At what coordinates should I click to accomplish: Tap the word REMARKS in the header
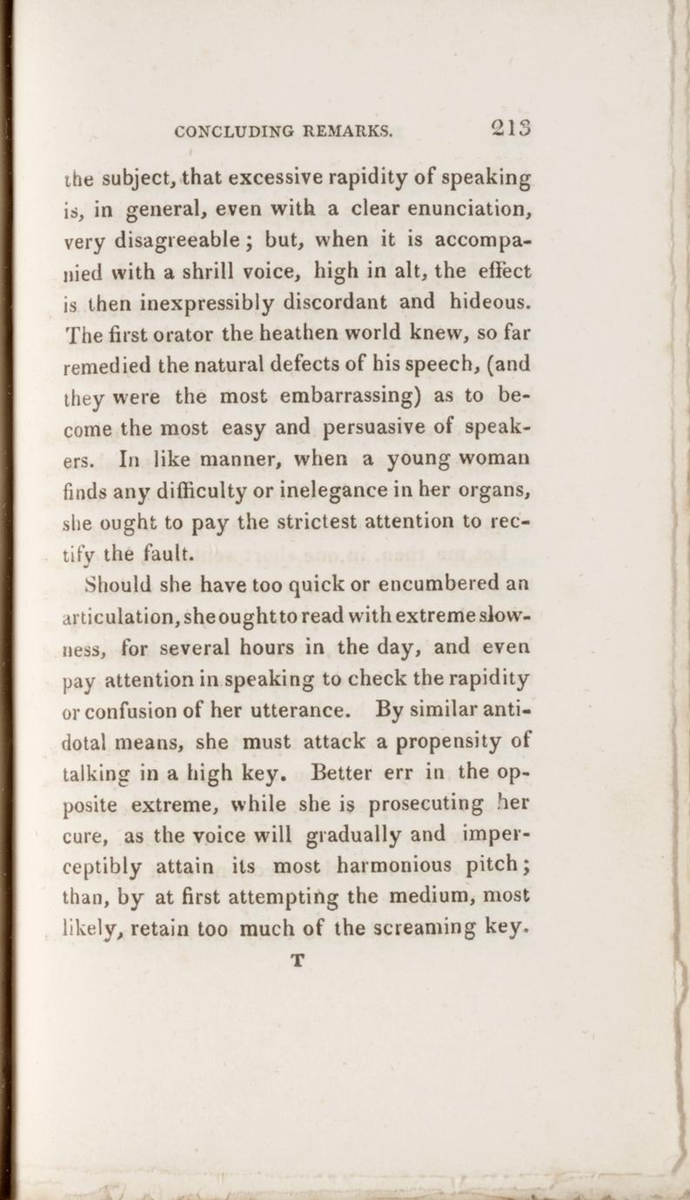[348, 133]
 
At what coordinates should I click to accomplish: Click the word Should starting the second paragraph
[122, 582]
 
